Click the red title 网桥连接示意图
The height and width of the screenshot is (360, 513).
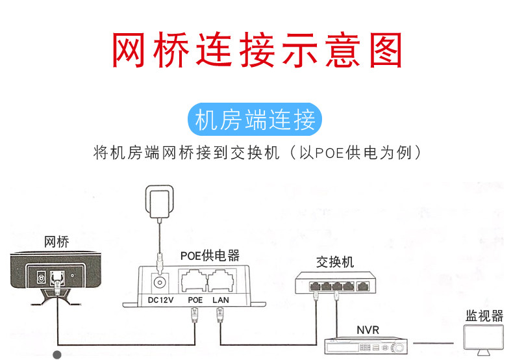pos(257,50)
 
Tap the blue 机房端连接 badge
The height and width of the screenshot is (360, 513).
pos(255,120)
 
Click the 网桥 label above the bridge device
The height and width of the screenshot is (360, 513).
pos(56,242)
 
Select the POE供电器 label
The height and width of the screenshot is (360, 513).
pos(210,255)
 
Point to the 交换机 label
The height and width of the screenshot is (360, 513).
pos(334,262)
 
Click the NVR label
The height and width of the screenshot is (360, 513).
pos(368,330)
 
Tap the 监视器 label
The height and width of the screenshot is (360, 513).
pos(484,316)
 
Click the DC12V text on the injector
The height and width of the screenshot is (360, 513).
pos(160,300)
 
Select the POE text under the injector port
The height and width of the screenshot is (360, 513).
pos(195,300)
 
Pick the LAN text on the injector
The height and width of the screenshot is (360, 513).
pos(221,300)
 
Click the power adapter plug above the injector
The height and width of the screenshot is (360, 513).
pos(159,201)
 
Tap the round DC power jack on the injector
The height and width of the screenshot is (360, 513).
pos(160,283)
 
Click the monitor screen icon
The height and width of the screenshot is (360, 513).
pos(484,338)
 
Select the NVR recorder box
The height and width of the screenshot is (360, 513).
pos(366,345)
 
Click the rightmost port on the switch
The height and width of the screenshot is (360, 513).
pos(362,287)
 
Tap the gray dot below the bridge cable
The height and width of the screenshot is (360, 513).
pos(57,355)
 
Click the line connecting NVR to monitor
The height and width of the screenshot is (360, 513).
pos(433,343)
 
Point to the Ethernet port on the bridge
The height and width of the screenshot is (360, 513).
pos(57,279)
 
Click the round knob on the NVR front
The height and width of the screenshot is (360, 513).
pos(399,347)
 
